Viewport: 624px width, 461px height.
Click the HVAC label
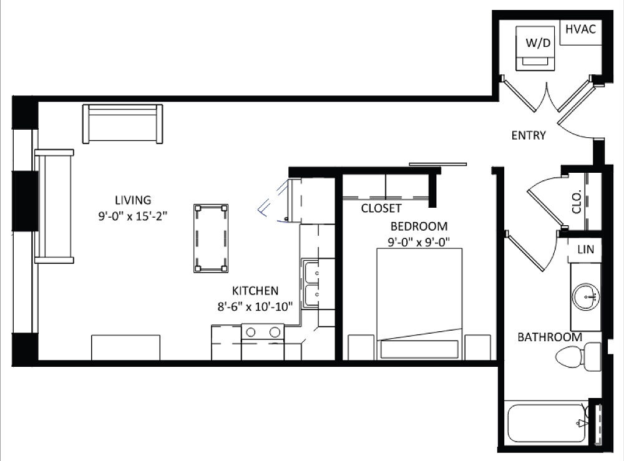580,29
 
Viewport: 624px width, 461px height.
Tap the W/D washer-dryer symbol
535,49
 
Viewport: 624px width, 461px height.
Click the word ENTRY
529,135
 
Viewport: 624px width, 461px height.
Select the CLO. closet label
577,201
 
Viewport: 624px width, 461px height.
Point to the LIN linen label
585,250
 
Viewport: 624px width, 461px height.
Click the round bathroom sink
586,297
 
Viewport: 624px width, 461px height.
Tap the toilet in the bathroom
578,357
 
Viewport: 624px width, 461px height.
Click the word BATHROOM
550,337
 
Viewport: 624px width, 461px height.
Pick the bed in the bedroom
419,304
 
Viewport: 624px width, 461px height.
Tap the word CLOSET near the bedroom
381,208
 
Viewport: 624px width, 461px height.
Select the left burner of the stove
251,332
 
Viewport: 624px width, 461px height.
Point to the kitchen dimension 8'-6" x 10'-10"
255,307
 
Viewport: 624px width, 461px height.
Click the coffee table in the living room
211,238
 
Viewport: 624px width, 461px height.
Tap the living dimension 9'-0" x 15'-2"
133,216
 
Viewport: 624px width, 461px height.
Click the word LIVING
133,200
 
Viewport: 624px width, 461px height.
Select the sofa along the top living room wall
122,124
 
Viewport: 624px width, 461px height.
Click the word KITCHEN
255,291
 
